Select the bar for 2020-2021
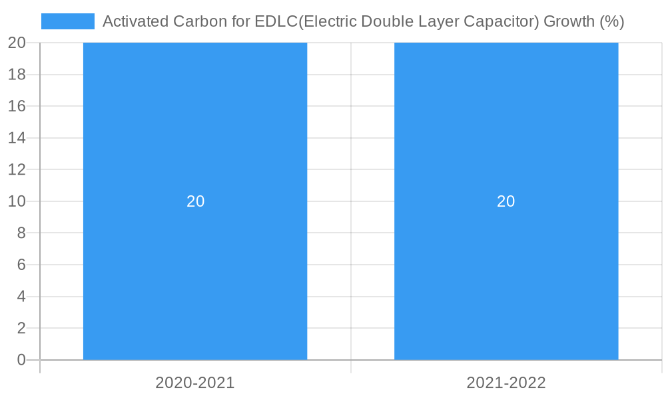pyautogui.click(x=195, y=133)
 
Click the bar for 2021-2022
pyautogui.click(x=506, y=133)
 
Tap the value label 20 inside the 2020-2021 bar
pyautogui.click(x=195, y=201)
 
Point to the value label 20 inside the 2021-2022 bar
pyautogui.click(x=506, y=201)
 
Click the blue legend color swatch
pyautogui.click(x=68, y=21)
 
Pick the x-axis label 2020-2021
pyautogui.click(x=195, y=383)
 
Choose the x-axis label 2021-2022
pyautogui.click(x=506, y=383)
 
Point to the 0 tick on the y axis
pyautogui.click(x=21, y=360)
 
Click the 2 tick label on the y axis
pyautogui.click(x=21, y=328)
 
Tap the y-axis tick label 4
pyautogui.click(x=21, y=296)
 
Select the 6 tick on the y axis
pyautogui.click(x=21, y=265)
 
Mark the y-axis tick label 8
pyautogui.click(x=21, y=233)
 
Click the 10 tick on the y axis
pyautogui.click(x=17, y=201)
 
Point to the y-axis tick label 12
pyautogui.click(x=17, y=169)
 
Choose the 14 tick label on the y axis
pyautogui.click(x=17, y=138)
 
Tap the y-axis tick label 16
pyautogui.click(x=17, y=106)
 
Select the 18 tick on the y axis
pyautogui.click(x=17, y=75)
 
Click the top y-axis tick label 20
pyautogui.click(x=17, y=43)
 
